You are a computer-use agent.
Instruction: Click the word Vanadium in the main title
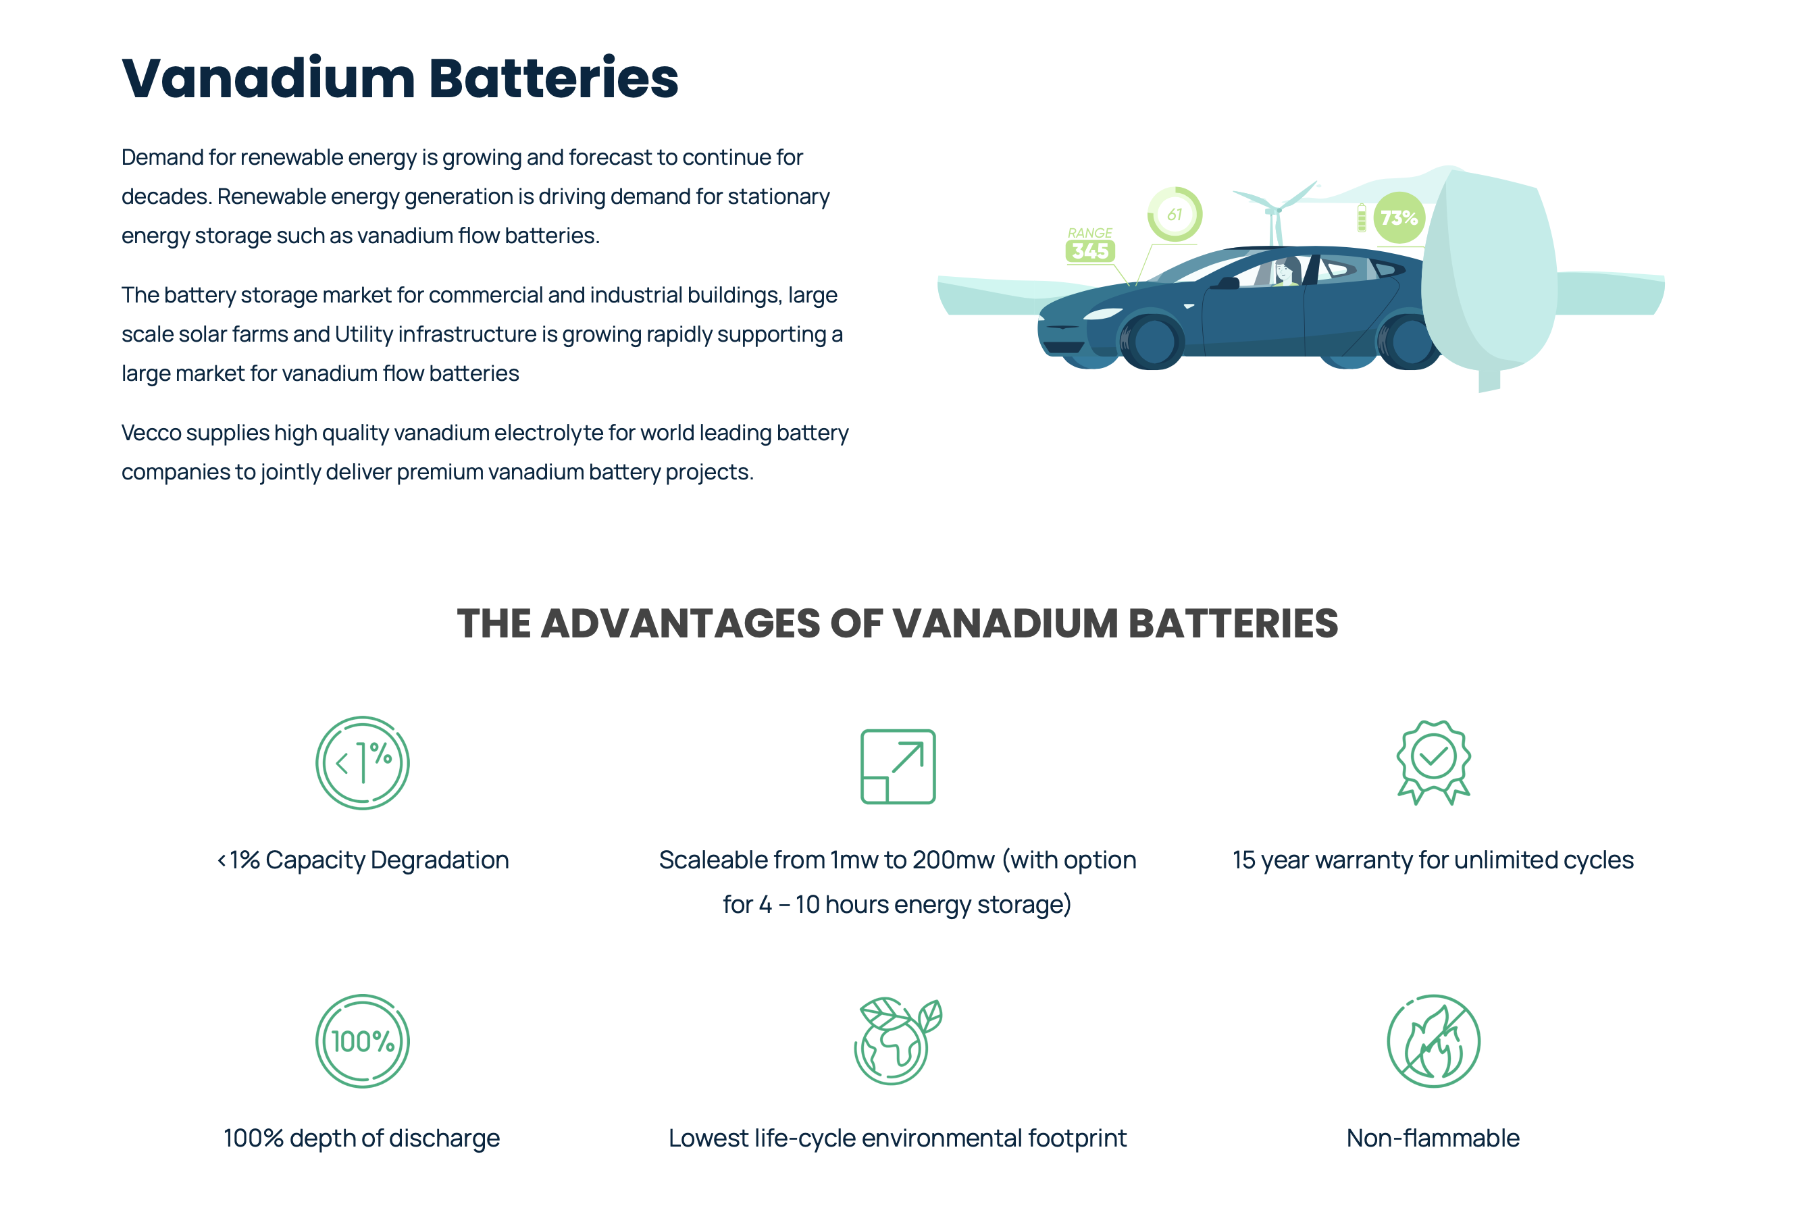click(x=268, y=78)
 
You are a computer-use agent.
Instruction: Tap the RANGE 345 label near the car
click(x=1090, y=244)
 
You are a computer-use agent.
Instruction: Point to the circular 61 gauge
click(x=1175, y=214)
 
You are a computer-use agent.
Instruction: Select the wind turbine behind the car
click(x=1275, y=212)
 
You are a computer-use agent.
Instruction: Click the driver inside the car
click(x=1285, y=273)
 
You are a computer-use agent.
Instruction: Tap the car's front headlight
click(x=1102, y=314)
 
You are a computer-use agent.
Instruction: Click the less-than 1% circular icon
click(x=362, y=763)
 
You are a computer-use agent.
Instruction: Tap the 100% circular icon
click(x=362, y=1041)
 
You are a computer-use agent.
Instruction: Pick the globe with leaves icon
click(x=898, y=1041)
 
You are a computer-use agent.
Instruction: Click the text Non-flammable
click(x=1433, y=1138)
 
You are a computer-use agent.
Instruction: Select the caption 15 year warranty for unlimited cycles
click(x=1433, y=860)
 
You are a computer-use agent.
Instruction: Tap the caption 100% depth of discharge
click(x=361, y=1138)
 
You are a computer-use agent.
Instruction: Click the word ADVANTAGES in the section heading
click(x=681, y=623)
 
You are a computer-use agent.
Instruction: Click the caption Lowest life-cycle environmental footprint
click(x=898, y=1138)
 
